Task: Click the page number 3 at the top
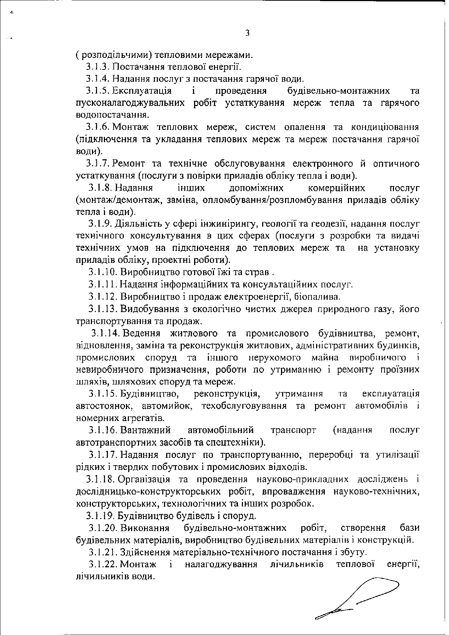[247, 34]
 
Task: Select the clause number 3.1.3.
[98, 67]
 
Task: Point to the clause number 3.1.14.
[106, 333]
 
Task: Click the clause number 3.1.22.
[103, 564]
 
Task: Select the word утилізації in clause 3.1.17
[399, 455]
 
